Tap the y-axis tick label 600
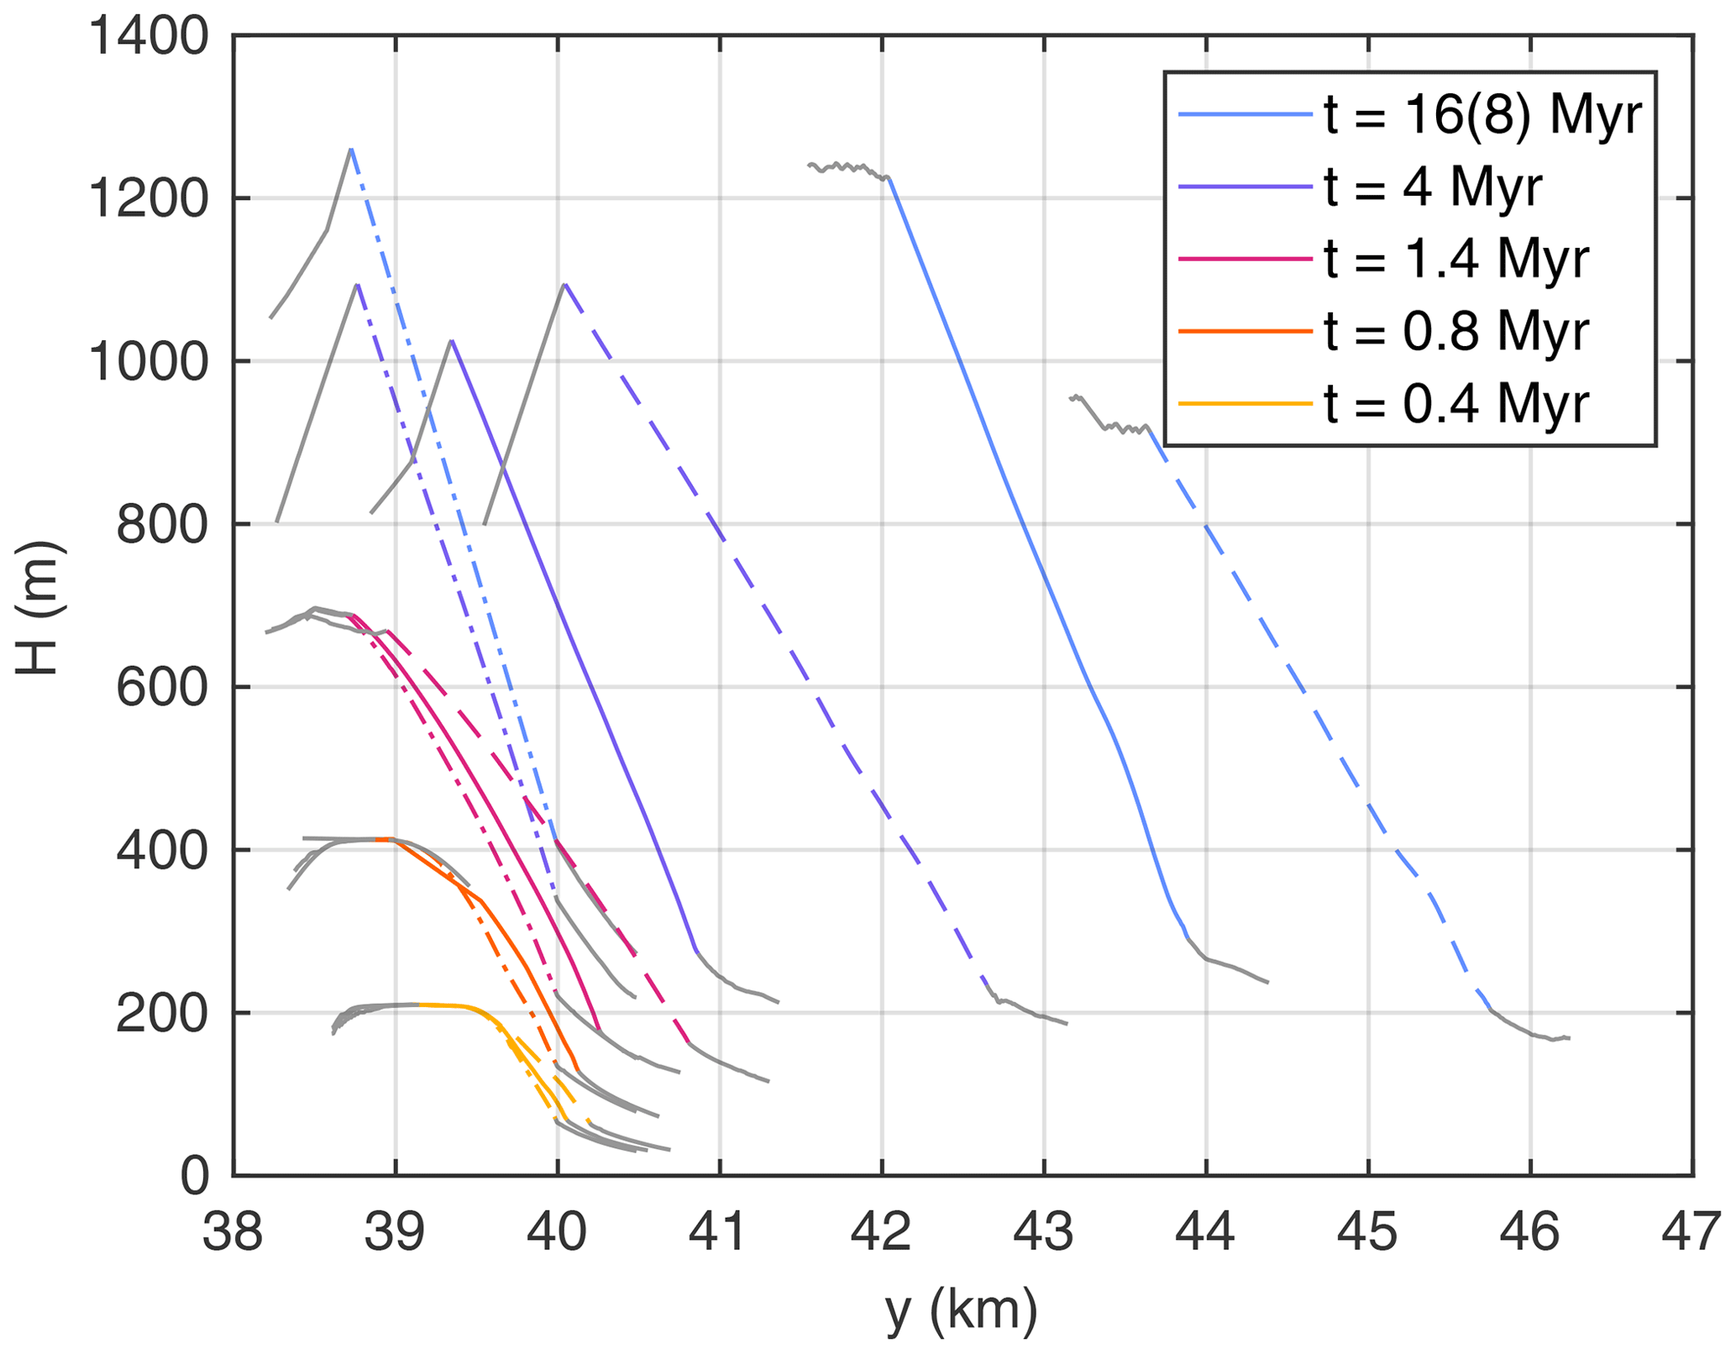point(161,689)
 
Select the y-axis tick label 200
point(161,1015)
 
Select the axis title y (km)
point(962,1311)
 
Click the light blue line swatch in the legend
point(1245,115)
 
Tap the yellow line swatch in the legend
point(1245,404)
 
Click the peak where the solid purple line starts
point(452,340)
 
